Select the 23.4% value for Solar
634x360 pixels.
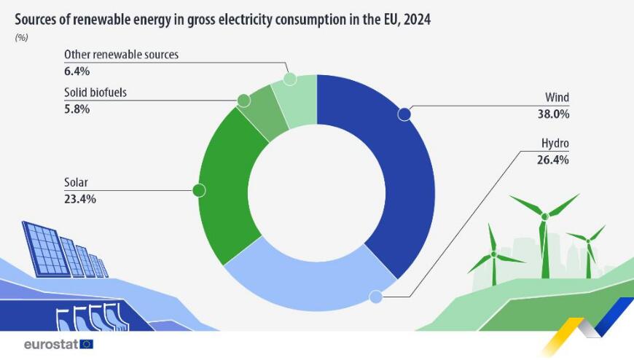point(79,198)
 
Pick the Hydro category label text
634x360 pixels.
point(555,144)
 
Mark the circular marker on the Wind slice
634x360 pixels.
point(404,114)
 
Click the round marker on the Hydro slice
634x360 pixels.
point(376,297)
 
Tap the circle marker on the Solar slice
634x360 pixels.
point(197,190)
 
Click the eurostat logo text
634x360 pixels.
point(50,343)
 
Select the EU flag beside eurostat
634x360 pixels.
point(87,343)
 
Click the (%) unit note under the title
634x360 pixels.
point(21,38)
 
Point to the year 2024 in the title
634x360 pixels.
point(416,20)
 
